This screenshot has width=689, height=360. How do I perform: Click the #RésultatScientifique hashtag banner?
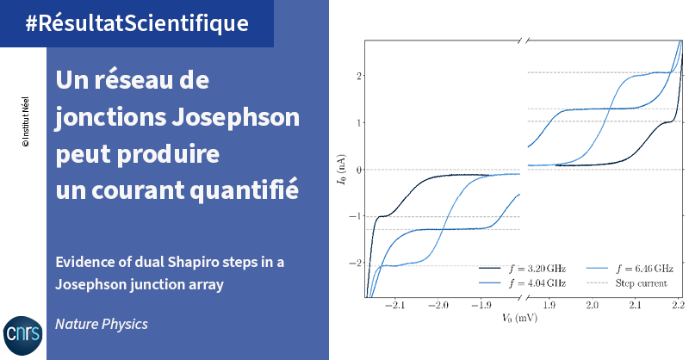[x=137, y=23]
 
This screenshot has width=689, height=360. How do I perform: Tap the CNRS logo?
[x=23, y=335]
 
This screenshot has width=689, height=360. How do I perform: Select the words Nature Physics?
[x=102, y=325]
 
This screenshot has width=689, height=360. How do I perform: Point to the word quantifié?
[x=245, y=189]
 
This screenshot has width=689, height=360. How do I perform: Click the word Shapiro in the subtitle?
[x=193, y=263]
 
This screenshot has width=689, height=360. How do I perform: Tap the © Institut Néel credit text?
[x=26, y=121]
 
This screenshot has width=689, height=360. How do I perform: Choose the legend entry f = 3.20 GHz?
[x=522, y=269]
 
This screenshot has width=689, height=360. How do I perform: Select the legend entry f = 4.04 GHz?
[x=522, y=283]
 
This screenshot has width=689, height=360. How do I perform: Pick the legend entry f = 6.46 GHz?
[x=630, y=269]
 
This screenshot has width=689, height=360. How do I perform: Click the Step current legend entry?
[x=627, y=283]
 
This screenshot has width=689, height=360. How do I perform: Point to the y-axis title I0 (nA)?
[x=341, y=169]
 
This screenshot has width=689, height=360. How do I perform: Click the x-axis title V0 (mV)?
[x=519, y=317]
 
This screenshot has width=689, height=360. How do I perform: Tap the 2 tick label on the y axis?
[x=358, y=76]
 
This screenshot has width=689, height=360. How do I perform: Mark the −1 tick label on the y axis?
[x=355, y=216]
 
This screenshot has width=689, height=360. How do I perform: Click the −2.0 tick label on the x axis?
[x=438, y=305]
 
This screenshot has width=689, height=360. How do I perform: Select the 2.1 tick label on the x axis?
[x=635, y=305]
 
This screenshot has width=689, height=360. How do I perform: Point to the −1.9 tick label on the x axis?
[x=481, y=305]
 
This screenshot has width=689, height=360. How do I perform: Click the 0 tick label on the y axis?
[x=358, y=170]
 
